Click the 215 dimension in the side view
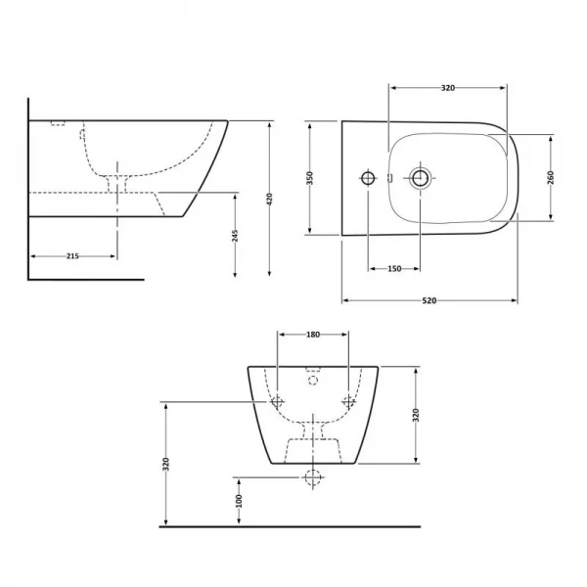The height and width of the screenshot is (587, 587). pyautogui.click(x=71, y=255)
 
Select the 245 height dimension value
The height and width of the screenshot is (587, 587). pyautogui.click(x=235, y=236)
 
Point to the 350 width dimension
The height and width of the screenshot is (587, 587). pyautogui.click(x=310, y=178)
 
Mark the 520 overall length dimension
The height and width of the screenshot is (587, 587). pyautogui.click(x=429, y=301)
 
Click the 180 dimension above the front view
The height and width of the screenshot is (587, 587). pyautogui.click(x=313, y=336)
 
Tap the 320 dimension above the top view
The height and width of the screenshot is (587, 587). pyautogui.click(x=447, y=88)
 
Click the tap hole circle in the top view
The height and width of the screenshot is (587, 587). pyautogui.click(x=368, y=178)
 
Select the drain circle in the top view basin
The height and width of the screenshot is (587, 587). pyautogui.click(x=420, y=178)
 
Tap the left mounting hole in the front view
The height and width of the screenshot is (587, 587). pyautogui.click(x=277, y=401)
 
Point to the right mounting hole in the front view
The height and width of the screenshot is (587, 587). pyautogui.click(x=348, y=401)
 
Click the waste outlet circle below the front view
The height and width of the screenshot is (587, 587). pyautogui.click(x=313, y=478)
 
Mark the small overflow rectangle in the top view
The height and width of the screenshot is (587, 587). pyautogui.click(x=388, y=178)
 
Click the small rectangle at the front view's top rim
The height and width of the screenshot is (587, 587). pyautogui.click(x=313, y=371)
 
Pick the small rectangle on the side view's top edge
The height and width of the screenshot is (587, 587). pyautogui.click(x=56, y=123)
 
